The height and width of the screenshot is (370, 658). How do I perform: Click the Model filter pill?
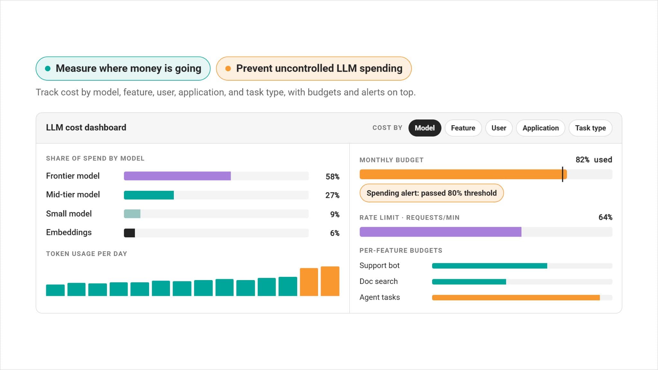(x=424, y=128)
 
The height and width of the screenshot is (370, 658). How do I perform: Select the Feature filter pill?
(x=463, y=128)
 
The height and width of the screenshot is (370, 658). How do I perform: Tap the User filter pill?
(x=499, y=128)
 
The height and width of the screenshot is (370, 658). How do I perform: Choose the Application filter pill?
(x=540, y=128)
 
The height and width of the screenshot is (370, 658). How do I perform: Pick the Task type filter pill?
(x=590, y=128)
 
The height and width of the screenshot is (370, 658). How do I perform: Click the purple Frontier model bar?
(x=177, y=176)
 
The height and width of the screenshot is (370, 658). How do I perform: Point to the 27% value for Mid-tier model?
(x=332, y=195)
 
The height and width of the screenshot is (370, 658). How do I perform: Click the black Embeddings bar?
(x=129, y=233)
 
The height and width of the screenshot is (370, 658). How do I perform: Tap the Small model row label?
(x=69, y=214)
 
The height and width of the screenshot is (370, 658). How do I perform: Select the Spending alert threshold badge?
(x=431, y=193)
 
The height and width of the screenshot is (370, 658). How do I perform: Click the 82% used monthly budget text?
(x=594, y=160)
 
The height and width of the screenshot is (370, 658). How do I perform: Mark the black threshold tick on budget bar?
(x=563, y=174)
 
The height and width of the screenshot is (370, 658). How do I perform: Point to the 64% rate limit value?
(x=605, y=217)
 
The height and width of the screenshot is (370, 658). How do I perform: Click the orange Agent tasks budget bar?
(x=516, y=298)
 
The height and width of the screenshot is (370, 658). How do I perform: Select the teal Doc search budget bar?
(x=469, y=282)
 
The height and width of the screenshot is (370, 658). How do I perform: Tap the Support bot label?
(x=379, y=266)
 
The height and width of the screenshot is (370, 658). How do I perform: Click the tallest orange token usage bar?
(x=330, y=281)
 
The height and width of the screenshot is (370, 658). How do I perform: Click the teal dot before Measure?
(x=48, y=68)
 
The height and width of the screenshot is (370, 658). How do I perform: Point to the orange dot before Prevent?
(x=228, y=68)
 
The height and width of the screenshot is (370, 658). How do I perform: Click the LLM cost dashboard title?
(x=86, y=128)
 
